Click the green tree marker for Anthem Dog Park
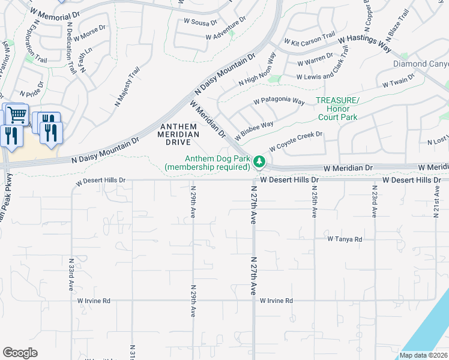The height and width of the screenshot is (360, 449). pyautogui.click(x=259, y=161)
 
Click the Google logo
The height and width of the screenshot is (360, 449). pyautogui.click(x=20, y=353)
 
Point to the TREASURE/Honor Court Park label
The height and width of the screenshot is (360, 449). pyautogui.click(x=337, y=109)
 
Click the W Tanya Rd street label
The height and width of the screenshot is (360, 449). pyautogui.click(x=345, y=239)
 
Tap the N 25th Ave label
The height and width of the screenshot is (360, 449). pyautogui.click(x=314, y=201)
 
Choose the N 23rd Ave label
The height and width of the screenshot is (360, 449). pyautogui.click(x=373, y=201)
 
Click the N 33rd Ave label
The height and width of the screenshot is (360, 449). pyautogui.click(x=71, y=274)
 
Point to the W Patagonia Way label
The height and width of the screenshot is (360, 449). pyautogui.click(x=279, y=102)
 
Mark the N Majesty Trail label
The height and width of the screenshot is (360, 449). pyautogui.click(x=127, y=88)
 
